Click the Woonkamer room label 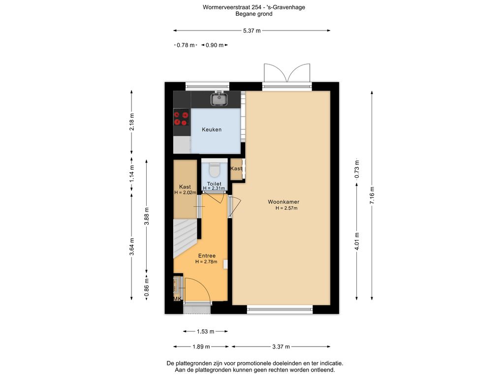[283, 202]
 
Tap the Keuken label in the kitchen [212, 129]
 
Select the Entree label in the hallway [207, 256]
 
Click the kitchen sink [220, 99]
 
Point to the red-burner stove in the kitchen [181, 118]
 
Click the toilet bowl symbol [214, 170]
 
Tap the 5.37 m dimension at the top [252, 31]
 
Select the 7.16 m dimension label [372, 195]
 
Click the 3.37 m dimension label [281, 346]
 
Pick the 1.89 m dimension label [201, 346]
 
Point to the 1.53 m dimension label [205, 331]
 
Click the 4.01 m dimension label [357, 241]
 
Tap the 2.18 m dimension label [131, 122]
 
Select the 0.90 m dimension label [215, 45]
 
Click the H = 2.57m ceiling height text [286, 208]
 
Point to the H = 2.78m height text [206, 262]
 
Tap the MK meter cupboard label [177, 299]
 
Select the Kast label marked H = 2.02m [185, 187]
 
